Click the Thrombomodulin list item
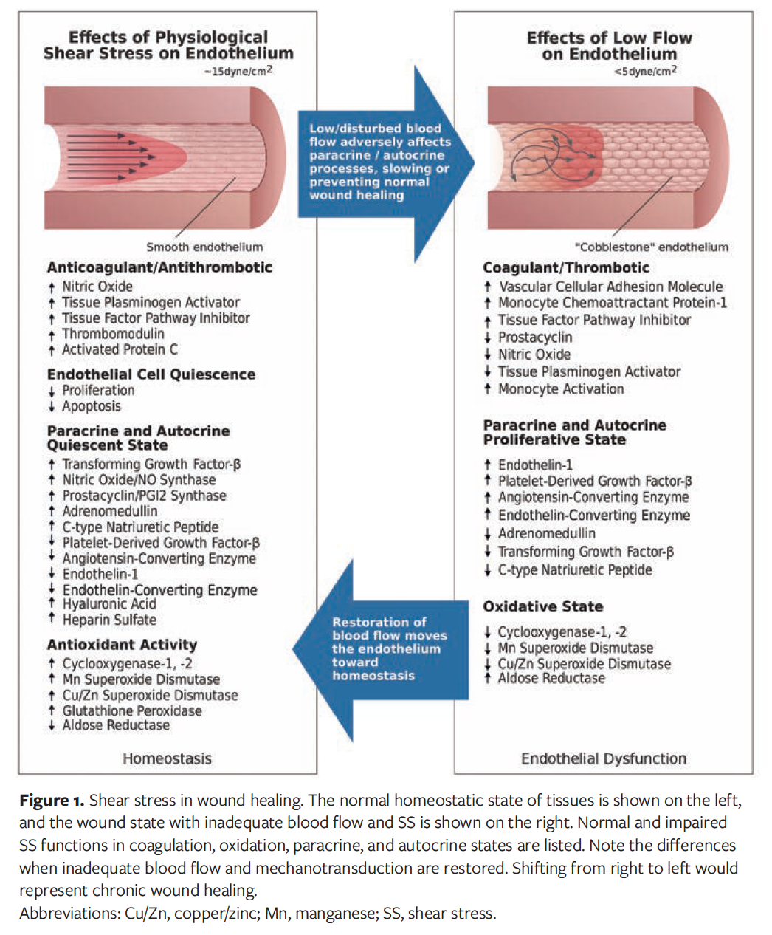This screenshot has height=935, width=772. pos(113,334)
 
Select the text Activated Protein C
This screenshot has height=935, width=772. pos(120,349)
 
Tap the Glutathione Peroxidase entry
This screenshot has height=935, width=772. pos(131,711)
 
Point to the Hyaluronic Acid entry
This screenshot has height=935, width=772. pos(109,604)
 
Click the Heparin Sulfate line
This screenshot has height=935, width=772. pos(109,620)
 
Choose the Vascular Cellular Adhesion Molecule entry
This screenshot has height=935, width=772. pos(610,287)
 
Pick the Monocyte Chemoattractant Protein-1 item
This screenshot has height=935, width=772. pos(612,303)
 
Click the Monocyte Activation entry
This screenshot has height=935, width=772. pos(561,389)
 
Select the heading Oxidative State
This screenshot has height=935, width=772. pos(543,606)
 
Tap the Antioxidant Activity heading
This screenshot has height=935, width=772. pos(122,645)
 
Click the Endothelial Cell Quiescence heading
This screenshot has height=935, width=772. pos(151,374)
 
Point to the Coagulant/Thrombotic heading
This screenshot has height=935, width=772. pos(566,267)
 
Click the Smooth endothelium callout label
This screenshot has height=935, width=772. pos(204,247)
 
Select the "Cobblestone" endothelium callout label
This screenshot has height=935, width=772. pos(651,247)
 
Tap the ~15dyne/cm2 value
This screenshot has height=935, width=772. pos(238,72)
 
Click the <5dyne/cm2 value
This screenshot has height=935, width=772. pos(645,72)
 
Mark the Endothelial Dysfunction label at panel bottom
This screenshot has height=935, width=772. pos(603,758)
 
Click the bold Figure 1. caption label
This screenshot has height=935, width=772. pos(52,801)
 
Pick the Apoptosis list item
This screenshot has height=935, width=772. pos(92,406)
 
